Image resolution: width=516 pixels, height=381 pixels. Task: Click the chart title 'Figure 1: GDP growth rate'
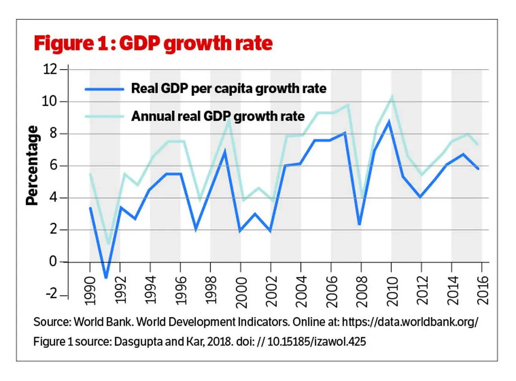pos(153,44)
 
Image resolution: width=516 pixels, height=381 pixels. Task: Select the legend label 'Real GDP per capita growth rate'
pos(229,89)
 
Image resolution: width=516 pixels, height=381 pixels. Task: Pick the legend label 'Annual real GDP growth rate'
pos(218,116)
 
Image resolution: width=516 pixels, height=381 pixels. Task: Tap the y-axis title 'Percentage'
pos(33,165)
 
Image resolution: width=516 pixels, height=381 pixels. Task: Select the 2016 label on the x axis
pos(482,291)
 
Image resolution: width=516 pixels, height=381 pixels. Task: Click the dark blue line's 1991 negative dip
pos(106,277)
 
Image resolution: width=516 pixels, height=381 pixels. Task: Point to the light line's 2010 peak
pos(391,97)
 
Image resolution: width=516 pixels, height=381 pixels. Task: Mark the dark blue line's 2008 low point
pos(359,224)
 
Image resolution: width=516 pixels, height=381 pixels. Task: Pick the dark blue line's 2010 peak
pos(389,122)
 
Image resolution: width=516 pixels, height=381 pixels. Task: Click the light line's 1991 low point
pos(107,244)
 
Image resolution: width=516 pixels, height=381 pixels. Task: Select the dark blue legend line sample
pos(104,89)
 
